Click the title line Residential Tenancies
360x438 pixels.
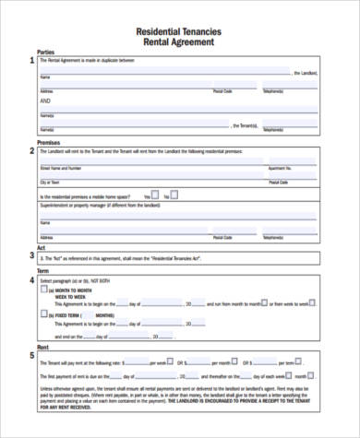[179, 30]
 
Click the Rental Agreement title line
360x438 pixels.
[179, 41]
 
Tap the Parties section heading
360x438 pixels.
[45, 53]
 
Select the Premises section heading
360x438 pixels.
[48, 143]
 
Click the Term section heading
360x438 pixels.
[42, 271]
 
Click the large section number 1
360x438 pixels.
[30, 61]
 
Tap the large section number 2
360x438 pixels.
[30, 151]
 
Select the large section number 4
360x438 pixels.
[30, 279]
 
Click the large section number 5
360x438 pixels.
[30, 356]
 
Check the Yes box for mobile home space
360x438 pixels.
[155, 195]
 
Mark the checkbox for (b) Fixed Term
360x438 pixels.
[44, 314]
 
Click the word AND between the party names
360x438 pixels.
[45, 101]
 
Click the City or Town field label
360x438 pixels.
[48, 183]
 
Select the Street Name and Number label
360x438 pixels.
[61, 169]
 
